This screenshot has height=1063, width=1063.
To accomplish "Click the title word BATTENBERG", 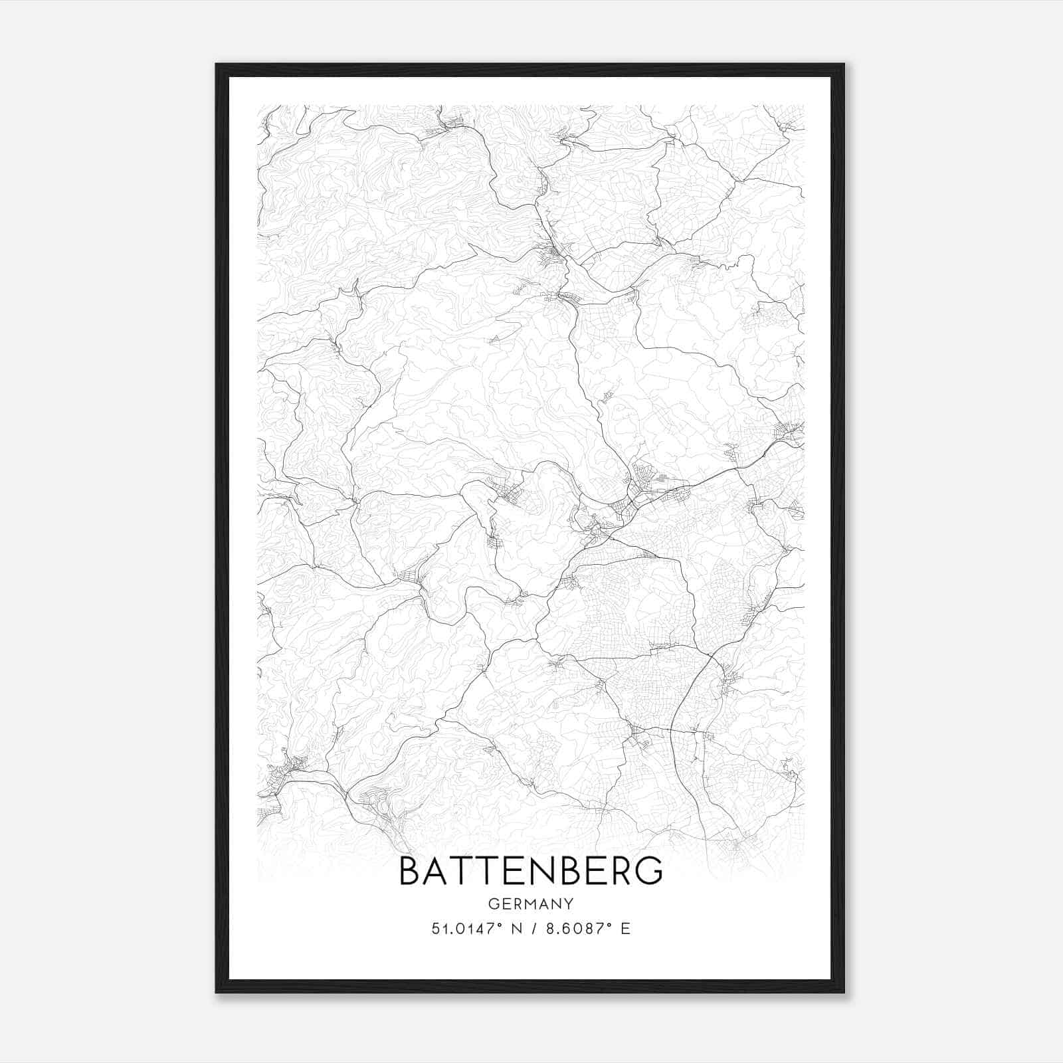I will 531,870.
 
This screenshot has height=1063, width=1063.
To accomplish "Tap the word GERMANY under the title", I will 531,904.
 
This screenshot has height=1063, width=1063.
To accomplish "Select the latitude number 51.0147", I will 460,929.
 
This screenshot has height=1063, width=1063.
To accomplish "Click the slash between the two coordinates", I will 535,929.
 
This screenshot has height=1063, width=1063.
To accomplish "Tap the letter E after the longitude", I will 625,929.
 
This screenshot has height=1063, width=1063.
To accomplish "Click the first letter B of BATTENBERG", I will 411,870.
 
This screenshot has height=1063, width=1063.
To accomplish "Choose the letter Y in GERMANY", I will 569,904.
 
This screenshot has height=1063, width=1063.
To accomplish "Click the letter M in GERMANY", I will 530,904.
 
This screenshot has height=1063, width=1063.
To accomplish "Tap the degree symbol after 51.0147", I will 495,925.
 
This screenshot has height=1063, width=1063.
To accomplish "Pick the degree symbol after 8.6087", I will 606,925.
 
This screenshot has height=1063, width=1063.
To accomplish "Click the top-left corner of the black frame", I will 217,64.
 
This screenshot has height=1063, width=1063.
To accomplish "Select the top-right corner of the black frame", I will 844,64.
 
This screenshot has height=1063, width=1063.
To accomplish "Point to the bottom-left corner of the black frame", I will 217,992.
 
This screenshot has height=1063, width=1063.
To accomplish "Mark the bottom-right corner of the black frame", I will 844,992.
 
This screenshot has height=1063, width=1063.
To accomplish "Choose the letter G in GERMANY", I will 493,904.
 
